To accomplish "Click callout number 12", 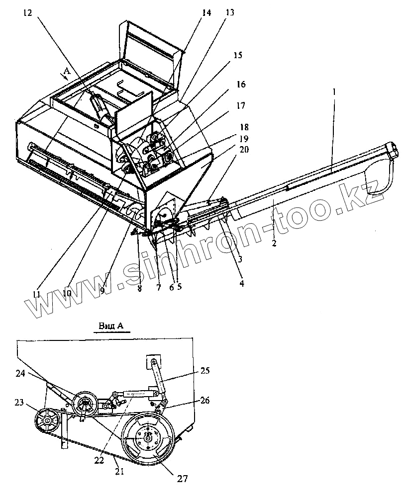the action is pos(26,14).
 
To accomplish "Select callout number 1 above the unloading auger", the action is pos(334,91).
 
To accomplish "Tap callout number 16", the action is pos(241,85).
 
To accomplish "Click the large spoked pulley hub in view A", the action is pos(149,437).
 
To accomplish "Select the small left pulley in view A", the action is pos(48,421).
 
